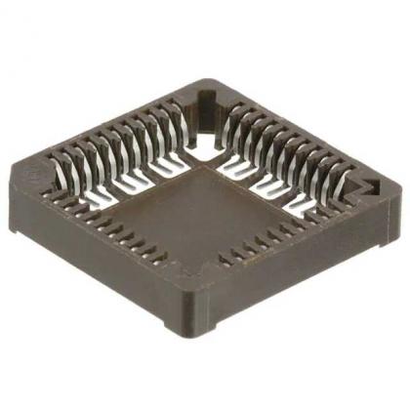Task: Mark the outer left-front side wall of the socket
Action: click(98, 259)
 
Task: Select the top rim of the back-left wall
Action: click(107, 122)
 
